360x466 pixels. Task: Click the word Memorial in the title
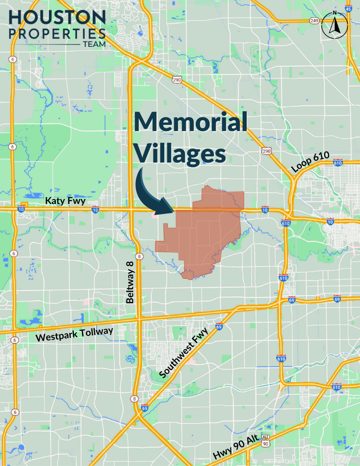pos(191,122)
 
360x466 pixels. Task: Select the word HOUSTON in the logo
pos(57,17)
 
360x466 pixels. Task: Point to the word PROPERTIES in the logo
pos(57,33)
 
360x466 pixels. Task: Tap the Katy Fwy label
pos(65,201)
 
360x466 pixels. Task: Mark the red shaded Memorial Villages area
pos(202,234)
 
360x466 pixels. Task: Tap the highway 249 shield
pos(314,21)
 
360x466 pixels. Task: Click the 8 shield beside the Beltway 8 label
pos(140,257)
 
